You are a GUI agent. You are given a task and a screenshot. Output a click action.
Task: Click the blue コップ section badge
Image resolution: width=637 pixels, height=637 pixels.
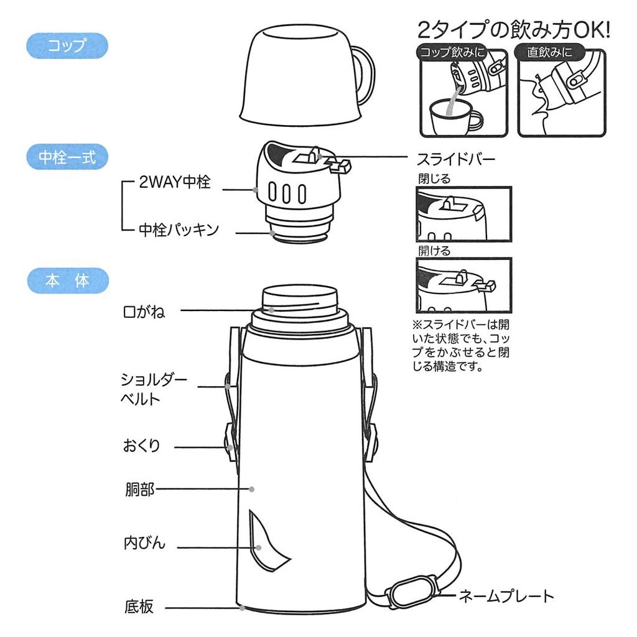(67, 46)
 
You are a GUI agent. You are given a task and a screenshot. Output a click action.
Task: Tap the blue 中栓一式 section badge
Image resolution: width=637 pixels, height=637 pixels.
(67, 157)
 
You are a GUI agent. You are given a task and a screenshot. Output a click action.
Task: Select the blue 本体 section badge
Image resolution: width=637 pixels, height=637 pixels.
(67, 281)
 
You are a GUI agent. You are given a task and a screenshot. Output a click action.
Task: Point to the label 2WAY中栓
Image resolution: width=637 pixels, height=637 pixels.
(175, 182)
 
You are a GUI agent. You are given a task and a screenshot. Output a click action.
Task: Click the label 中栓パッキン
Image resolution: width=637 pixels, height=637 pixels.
(179, 230)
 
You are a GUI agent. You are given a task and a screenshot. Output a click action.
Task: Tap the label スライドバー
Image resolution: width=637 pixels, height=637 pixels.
(457, 159)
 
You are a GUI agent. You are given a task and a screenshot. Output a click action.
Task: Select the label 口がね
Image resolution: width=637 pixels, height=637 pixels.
(144, 311)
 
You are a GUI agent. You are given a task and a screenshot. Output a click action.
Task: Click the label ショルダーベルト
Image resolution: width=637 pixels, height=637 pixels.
(153, 389)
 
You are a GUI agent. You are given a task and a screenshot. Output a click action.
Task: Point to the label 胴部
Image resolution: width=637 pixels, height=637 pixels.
(139, 490)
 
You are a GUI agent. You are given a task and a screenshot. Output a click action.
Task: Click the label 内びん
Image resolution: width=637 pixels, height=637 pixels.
(144, 542)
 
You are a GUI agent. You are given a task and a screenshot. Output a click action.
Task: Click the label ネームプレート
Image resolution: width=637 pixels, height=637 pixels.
(506, 597)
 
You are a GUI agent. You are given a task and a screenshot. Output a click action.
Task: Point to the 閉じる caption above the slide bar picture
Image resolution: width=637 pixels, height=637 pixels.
(434, 179)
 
